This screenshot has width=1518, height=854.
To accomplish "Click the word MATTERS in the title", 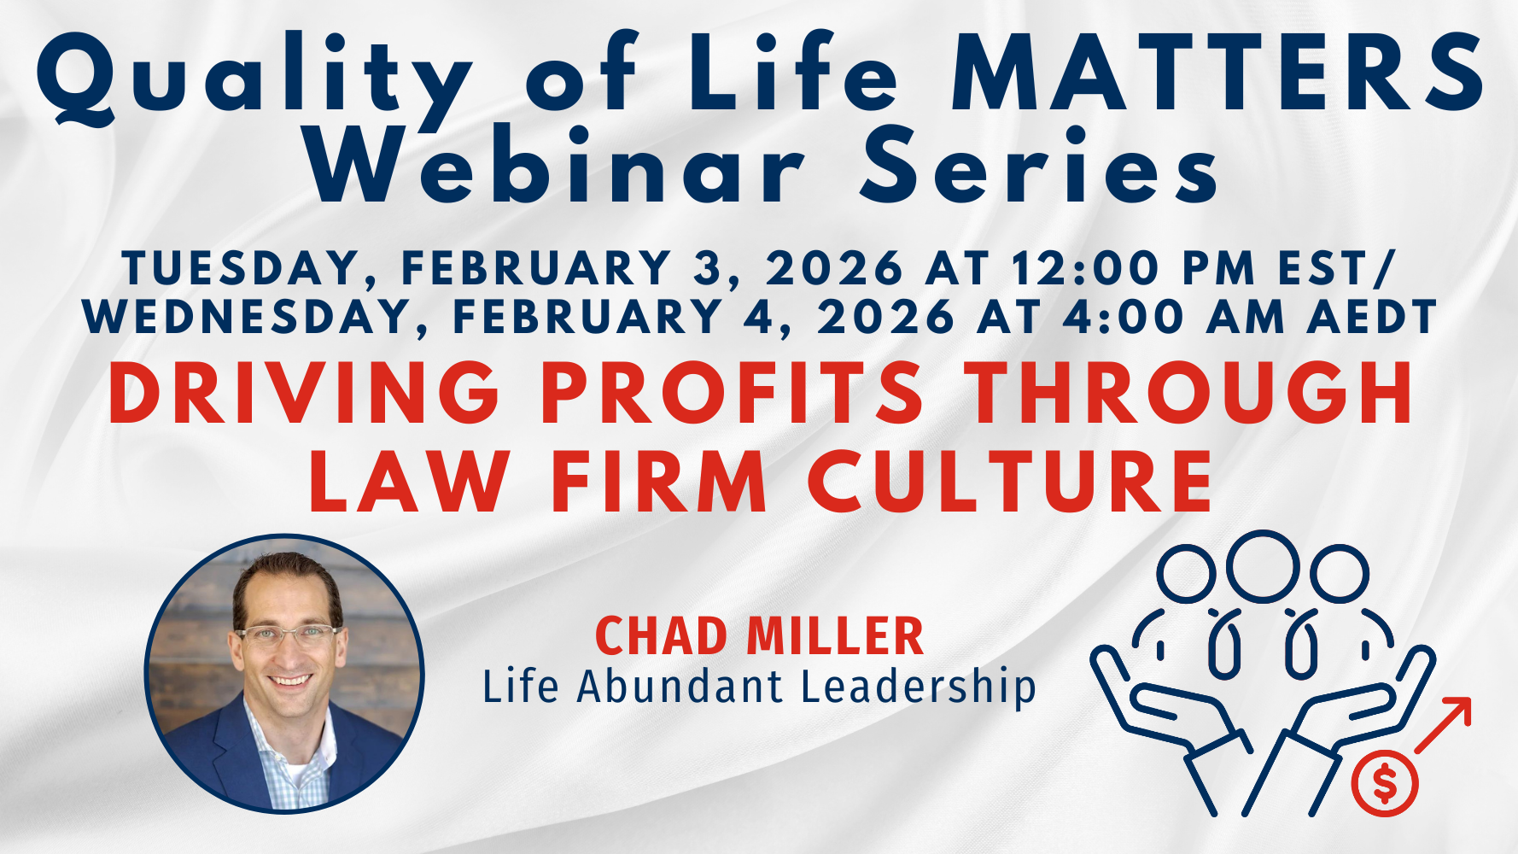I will pyautogui.click(x=1217, y=75).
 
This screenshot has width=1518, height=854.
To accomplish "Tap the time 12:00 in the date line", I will pyautogui.click(x=1084, y=268).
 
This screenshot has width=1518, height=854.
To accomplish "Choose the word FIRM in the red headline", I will pyautogui.click(x=658, y=483).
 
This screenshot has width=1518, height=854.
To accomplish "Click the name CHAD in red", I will pyautogui.click(x=661, y=637).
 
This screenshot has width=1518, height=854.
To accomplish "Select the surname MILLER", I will pyautogui.click(x=834, y=637).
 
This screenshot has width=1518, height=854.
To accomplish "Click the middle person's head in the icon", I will pyautogui.click(x=1263, y=565).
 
